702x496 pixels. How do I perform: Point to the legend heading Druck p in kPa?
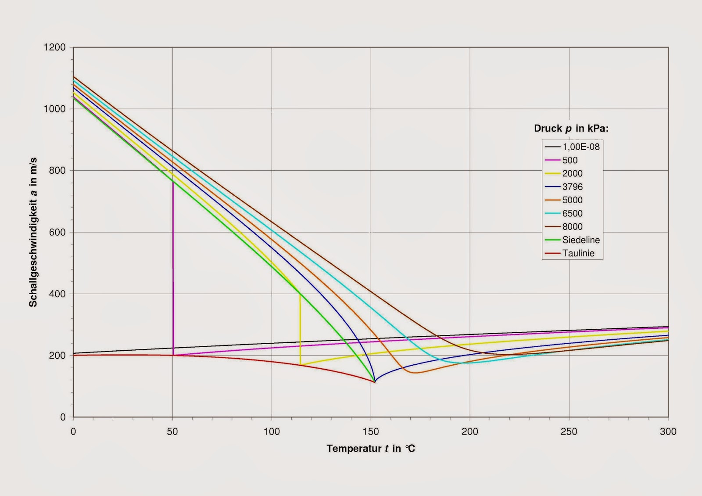571,129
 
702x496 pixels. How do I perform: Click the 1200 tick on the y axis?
55,47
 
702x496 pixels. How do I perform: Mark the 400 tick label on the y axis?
57,294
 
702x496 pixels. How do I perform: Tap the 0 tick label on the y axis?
63,417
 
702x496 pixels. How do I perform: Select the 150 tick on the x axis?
371,431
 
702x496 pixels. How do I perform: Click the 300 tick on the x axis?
668,431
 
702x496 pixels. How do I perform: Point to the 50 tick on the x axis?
172,431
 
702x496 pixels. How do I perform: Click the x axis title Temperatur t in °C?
371,449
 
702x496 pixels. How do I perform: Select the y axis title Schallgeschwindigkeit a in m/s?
33,232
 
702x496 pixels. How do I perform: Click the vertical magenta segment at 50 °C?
173,263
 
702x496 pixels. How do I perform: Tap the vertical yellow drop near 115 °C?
300,329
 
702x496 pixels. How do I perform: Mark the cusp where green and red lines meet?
374,382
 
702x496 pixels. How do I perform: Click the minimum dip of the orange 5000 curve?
415,373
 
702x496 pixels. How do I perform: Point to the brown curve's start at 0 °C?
74,77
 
